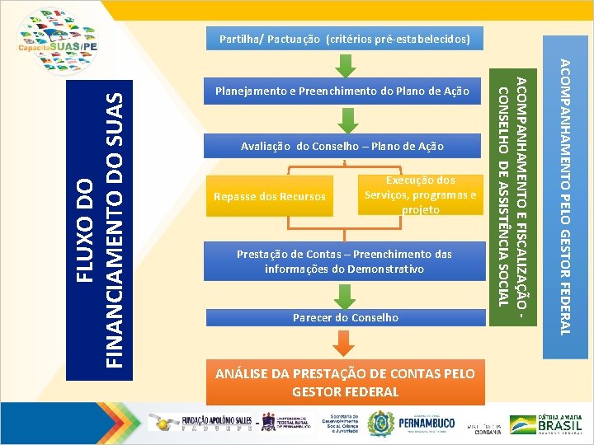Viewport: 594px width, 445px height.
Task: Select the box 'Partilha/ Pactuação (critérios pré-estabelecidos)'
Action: pyautogui.click(x=345, y=39)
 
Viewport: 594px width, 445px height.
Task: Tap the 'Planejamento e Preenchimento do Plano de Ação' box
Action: pyautogui.click(x=342, y=91)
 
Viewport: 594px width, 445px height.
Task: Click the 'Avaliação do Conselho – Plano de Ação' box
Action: pyautogui.click(x=342, y=146)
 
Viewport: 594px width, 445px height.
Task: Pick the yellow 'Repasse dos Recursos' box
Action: pyautogui.click(x=270, y=197)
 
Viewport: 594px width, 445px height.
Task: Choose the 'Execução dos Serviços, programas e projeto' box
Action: pyautogui.click(x=420, y=194)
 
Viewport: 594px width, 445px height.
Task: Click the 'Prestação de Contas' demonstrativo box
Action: pyautogui.click(x=345, y=261)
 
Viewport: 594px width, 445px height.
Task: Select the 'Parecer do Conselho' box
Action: pyautogui.click(x=345, y=317)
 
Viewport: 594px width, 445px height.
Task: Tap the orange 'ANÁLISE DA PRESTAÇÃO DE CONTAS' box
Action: pyautogui.click(x=345, y=382)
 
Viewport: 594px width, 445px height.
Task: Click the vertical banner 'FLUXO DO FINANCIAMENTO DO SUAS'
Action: pyautogui.click(x=98, y=227)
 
